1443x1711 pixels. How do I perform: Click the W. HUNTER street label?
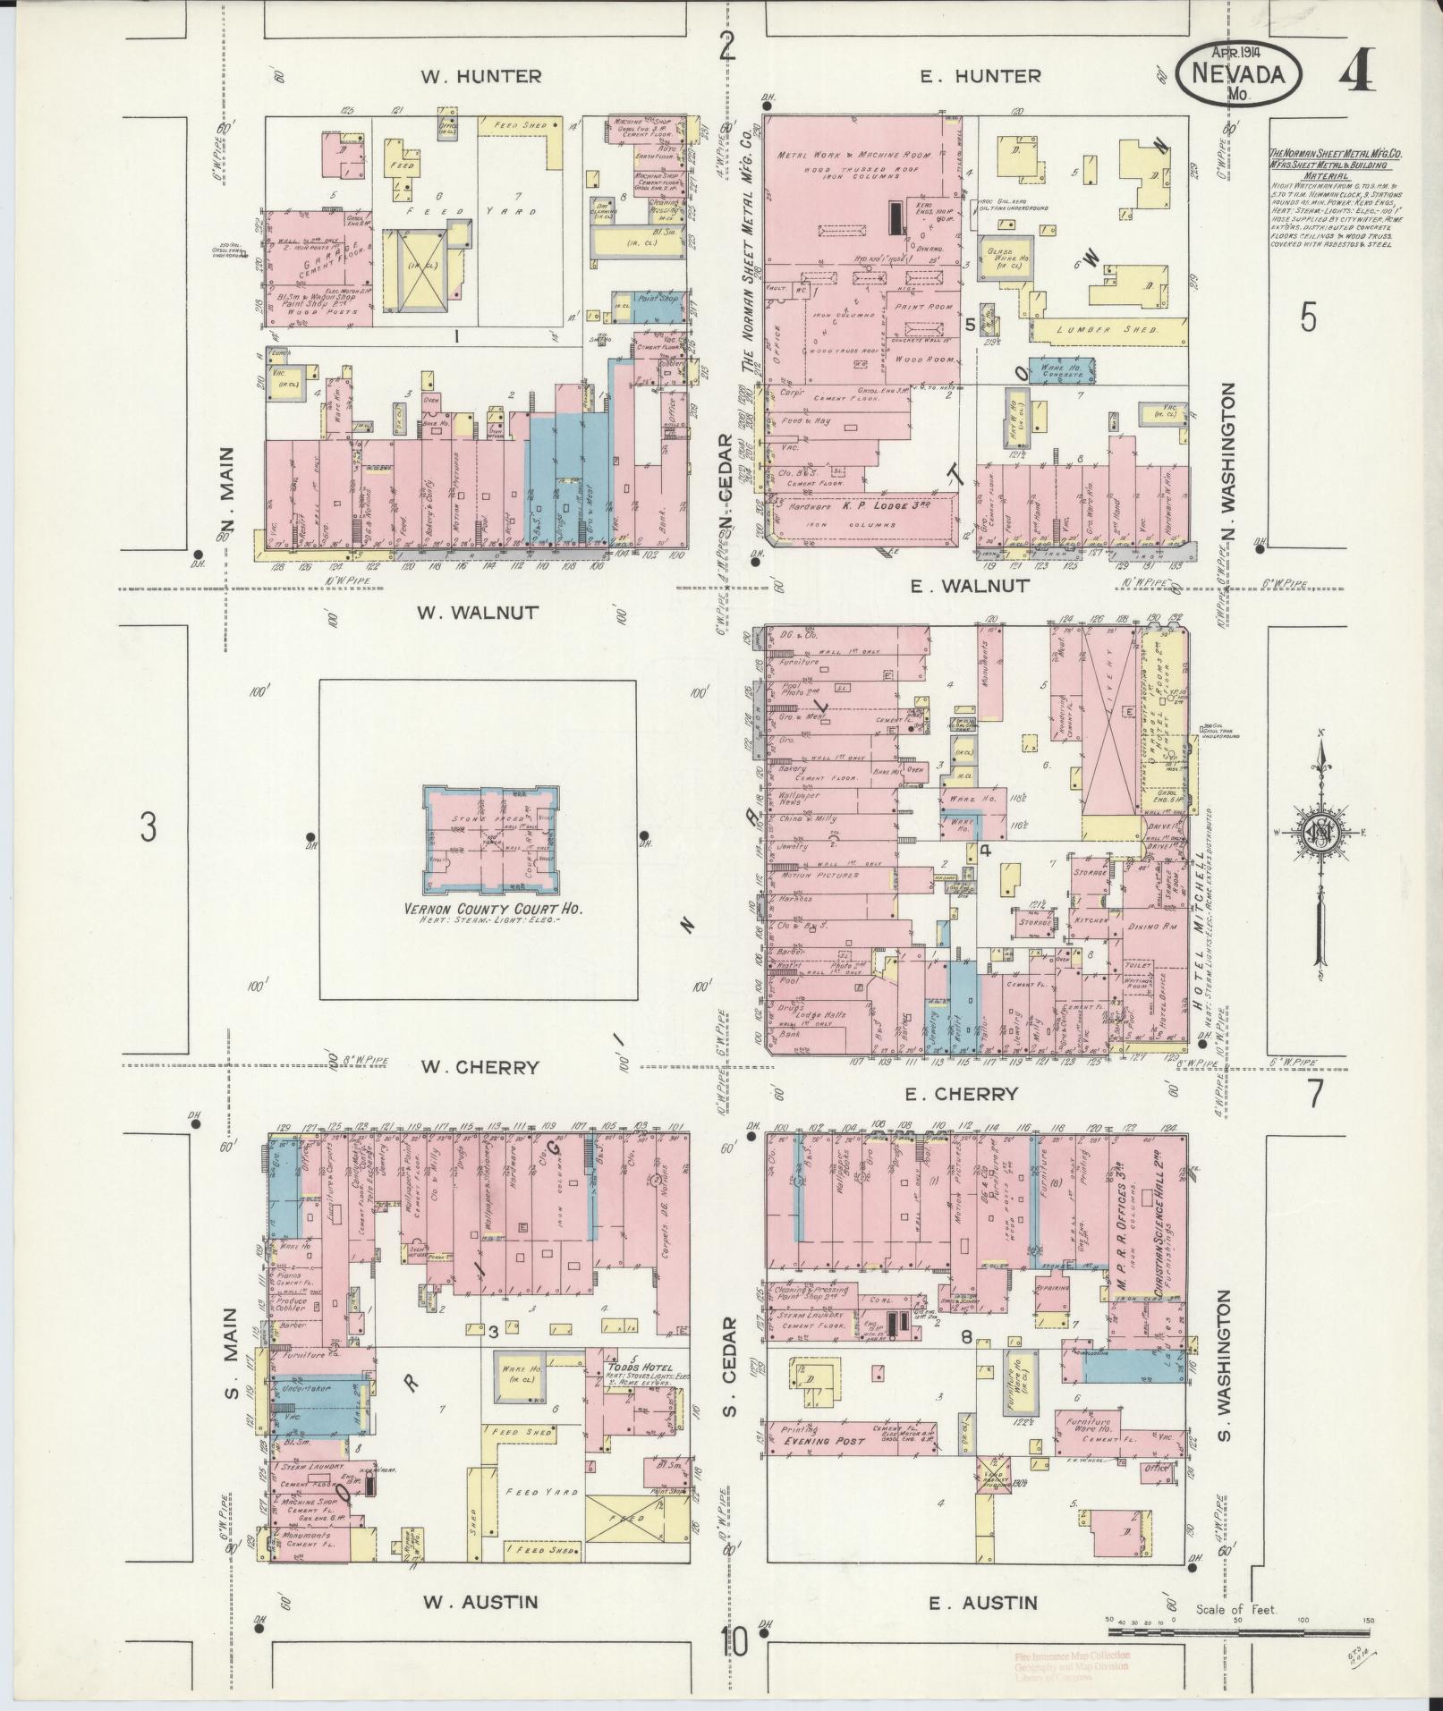click(x=481, y=76)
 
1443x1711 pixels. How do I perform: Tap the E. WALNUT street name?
click(x=969, y=586)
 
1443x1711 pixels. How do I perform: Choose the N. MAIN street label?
click(x=226, y=496)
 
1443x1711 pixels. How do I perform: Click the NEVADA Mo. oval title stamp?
click(x=1237, y=77)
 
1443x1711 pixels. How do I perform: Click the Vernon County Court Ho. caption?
click(x=493, y=909)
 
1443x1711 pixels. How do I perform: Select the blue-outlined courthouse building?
click(x=493, y=834)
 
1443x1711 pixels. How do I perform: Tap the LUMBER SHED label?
click(x=1108, y=330)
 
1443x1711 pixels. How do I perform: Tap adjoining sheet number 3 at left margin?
click(x=148, y=828)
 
